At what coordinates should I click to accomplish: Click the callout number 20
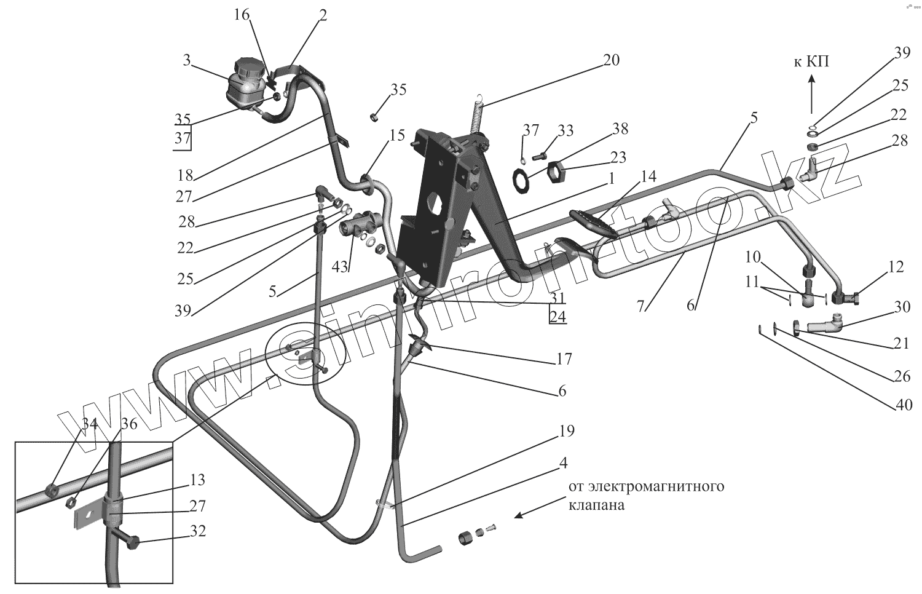tap(611, 60)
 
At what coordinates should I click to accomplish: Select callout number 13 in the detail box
tap(198, 480)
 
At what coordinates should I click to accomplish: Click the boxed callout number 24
tap(558, 317)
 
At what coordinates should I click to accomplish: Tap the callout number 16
tap(242, 15)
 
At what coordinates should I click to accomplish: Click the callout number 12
tap(897, 266)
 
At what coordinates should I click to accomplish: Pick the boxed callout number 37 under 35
tap(183, 139)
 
